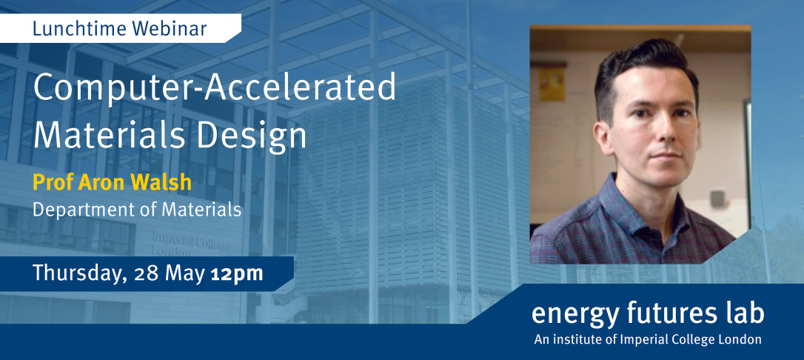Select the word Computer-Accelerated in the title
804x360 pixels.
point(215,87)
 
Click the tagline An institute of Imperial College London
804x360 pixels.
point(648,339)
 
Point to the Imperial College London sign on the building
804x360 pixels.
point(190,244)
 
